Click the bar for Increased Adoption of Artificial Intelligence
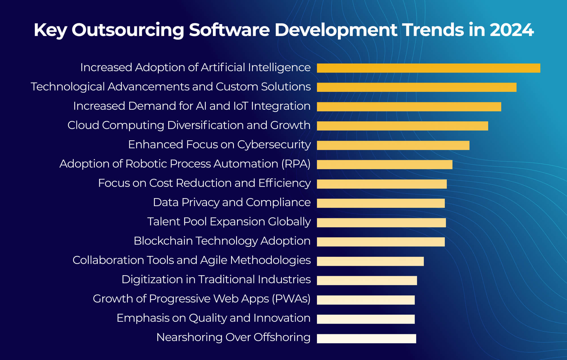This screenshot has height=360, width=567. click(x=428, y=68)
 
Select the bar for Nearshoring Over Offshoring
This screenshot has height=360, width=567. click(x=366, y=338)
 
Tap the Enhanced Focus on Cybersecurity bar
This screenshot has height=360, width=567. click(x=393, y=145)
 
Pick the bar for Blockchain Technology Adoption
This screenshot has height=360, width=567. click(x=380, y=242)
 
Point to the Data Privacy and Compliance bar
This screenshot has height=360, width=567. click(x=380, y=203)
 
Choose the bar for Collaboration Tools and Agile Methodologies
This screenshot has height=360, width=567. click(x=370, y=261)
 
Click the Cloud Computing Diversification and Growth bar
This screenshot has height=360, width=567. click(x=402, y=126)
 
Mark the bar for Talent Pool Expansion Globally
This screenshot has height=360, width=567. click(x=381, y=223)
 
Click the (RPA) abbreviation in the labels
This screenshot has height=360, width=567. click(x=296, y=164)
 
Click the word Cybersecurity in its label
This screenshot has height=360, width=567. click(x=274, y=145)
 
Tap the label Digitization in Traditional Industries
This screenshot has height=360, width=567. click(x=216, y=279)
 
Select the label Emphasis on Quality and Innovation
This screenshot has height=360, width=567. click(x=213, y=318)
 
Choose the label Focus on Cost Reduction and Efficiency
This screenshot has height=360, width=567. click(x=204, y=183)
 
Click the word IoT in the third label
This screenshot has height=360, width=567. click(x=240, y=106)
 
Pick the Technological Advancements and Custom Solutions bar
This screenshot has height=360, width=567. click(x=416, y=87)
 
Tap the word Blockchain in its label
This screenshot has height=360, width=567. click(x=163, y=241)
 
